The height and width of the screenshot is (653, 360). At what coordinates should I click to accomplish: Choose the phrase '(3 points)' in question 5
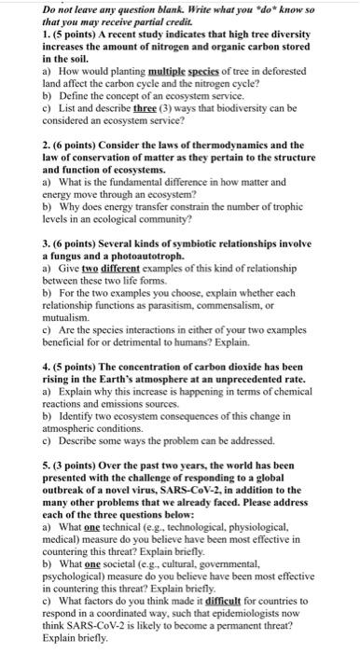(x=39, y=465)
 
